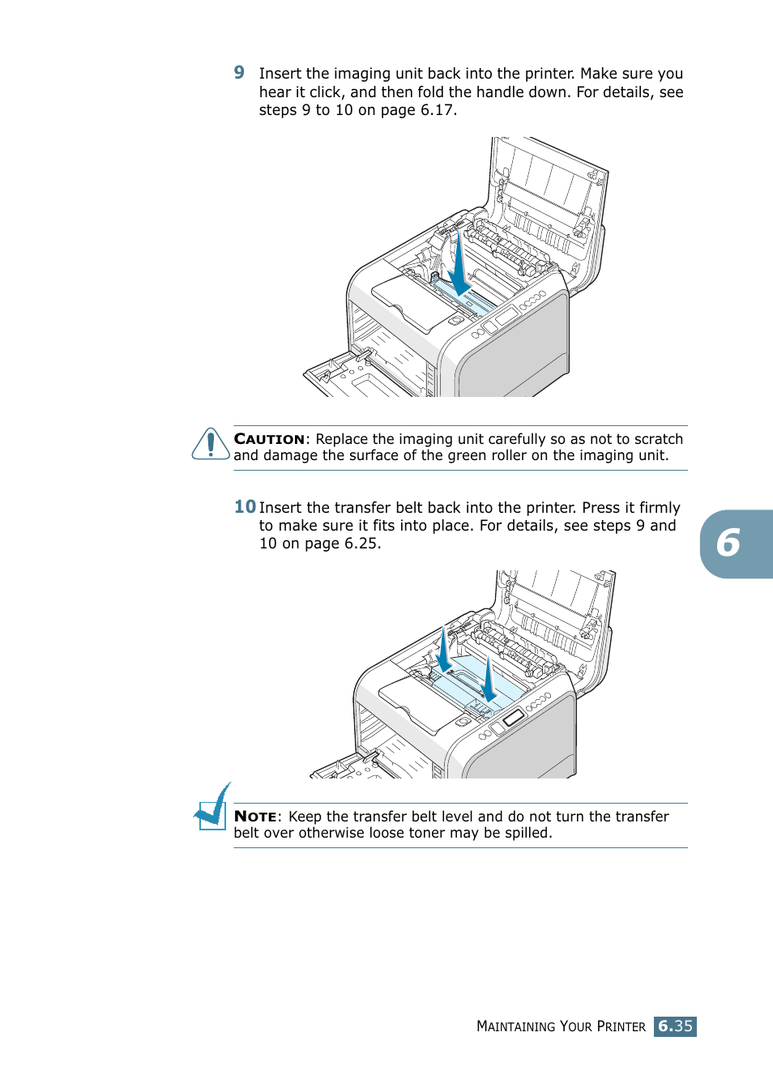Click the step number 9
[x=239, y=73]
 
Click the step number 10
[x=245, y=507]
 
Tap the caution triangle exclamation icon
[x=211, y=444]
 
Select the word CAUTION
[x=269, y=439]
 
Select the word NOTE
[x=255, y=817]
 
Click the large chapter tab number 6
[x=728, y=544]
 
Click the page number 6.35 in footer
[x=675, y=1026]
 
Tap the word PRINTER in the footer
[x=621, y=1026]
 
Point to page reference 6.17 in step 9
[x=437, y=110]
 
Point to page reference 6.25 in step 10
[x=361, y=544]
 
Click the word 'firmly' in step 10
[x=660, y=508]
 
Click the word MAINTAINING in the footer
[x=515, y=1026]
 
